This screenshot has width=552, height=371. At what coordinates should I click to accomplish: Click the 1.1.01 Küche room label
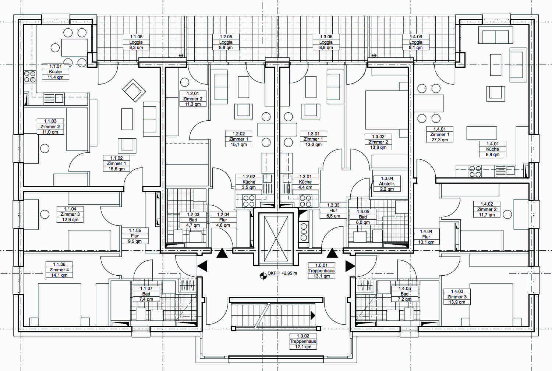coord(56,72)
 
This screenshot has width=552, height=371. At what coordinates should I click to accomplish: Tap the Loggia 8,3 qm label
coord(136,42)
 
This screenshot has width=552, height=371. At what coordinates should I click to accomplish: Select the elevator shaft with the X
coord(276,239)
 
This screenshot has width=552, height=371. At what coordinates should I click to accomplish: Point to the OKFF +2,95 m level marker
coord(279,274)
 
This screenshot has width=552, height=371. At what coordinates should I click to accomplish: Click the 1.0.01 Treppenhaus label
coord(322,271)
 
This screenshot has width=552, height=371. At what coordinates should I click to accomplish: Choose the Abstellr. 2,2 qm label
coord(387,184)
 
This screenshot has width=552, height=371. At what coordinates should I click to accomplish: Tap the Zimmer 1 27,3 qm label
coord(440,134)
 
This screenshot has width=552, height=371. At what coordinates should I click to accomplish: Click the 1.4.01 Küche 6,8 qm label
coord(493,149)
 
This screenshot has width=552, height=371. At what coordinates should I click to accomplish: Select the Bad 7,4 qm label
coord(146,294)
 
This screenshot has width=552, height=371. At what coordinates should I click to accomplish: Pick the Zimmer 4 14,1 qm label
coord(59,270)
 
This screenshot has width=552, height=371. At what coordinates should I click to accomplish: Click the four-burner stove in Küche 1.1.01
coord(30,77)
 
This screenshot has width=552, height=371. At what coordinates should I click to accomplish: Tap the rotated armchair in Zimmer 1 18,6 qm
coord(134,91)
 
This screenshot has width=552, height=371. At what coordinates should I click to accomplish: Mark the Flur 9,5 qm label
coord(135,236)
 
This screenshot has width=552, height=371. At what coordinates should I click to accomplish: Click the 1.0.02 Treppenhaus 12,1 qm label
coord(303,342)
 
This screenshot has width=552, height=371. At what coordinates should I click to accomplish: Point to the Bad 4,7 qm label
coord(193,220)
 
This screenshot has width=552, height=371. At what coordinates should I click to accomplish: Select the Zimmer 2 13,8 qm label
coord(378,142)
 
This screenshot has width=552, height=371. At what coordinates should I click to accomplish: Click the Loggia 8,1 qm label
coord(416,42)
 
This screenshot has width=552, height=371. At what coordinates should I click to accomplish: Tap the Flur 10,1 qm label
coord(426,237)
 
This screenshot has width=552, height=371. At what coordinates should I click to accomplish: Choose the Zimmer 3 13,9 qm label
coord(457,297)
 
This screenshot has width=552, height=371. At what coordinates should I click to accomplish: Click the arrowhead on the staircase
coord(313,315)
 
